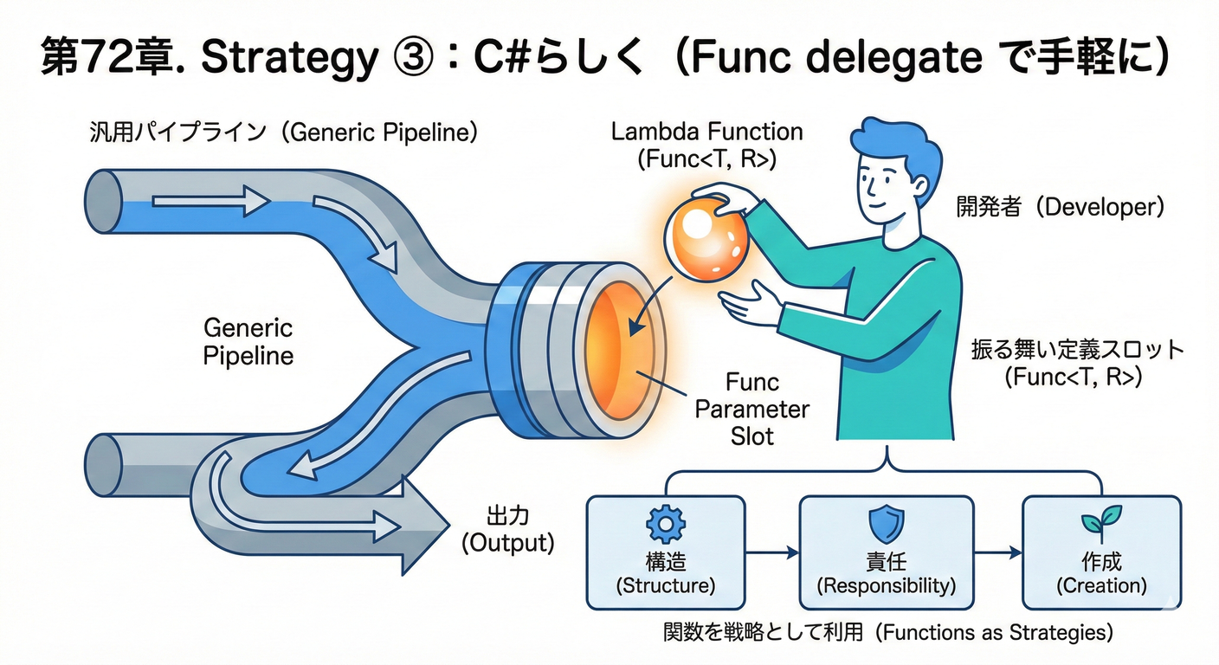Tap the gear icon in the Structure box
665,524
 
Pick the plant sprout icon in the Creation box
1100,525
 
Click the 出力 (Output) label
506,530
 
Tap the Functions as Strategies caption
887,633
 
